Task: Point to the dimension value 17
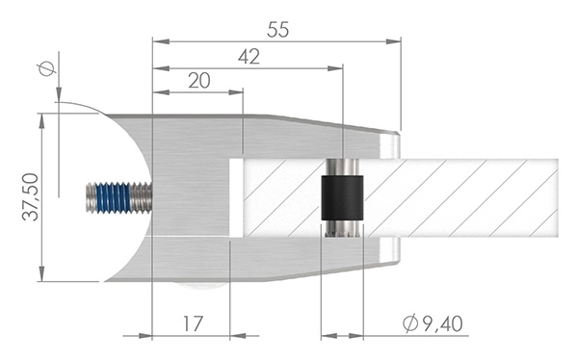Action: point(192,323)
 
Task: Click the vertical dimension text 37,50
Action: point(30,197)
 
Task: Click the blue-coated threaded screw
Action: point(118,198)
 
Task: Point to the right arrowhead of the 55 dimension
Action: point(395,41)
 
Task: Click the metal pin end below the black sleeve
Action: point(342,229)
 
